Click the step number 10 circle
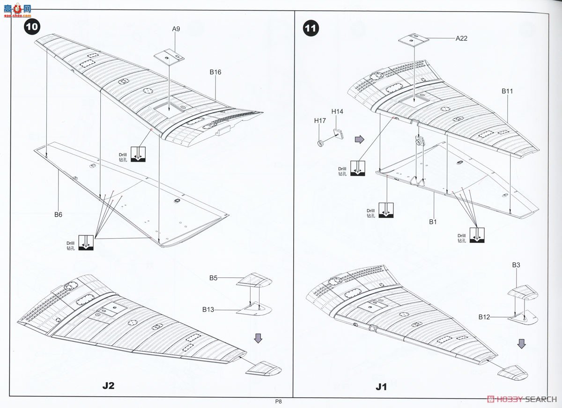tap(32, 27)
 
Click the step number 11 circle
tap(311, 29)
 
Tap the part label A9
tap(176, 29)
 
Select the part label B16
tap(215, 72)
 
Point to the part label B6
tap(58, 214)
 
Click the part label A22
tap(461, 38)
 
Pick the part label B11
tap(507, 91)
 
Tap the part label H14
tap(337, 111)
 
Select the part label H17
tap(320, 121)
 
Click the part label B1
tap(433, 222)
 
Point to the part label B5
tap(213, 278)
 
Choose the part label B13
tap(208, 309)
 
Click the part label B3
tap(516, 265)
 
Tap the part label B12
tap(484, 317)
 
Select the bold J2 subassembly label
tap(108, 386)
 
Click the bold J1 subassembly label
tap(381, 387)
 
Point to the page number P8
tap(278, 401)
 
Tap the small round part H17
tap(320, 144)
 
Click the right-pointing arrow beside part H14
tap(360, 139)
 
